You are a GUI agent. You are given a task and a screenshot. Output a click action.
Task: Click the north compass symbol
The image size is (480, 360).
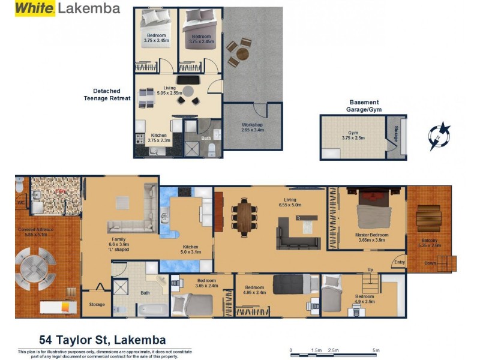[440, 136]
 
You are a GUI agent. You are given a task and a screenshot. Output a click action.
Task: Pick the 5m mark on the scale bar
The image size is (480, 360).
[376, 350]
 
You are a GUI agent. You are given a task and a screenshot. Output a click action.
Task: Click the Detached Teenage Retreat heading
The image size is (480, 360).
[107, 95]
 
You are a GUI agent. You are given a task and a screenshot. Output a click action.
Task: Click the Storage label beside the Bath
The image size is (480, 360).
[97, 305]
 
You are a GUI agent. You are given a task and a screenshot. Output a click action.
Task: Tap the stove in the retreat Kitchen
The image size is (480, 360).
[140, 139]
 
